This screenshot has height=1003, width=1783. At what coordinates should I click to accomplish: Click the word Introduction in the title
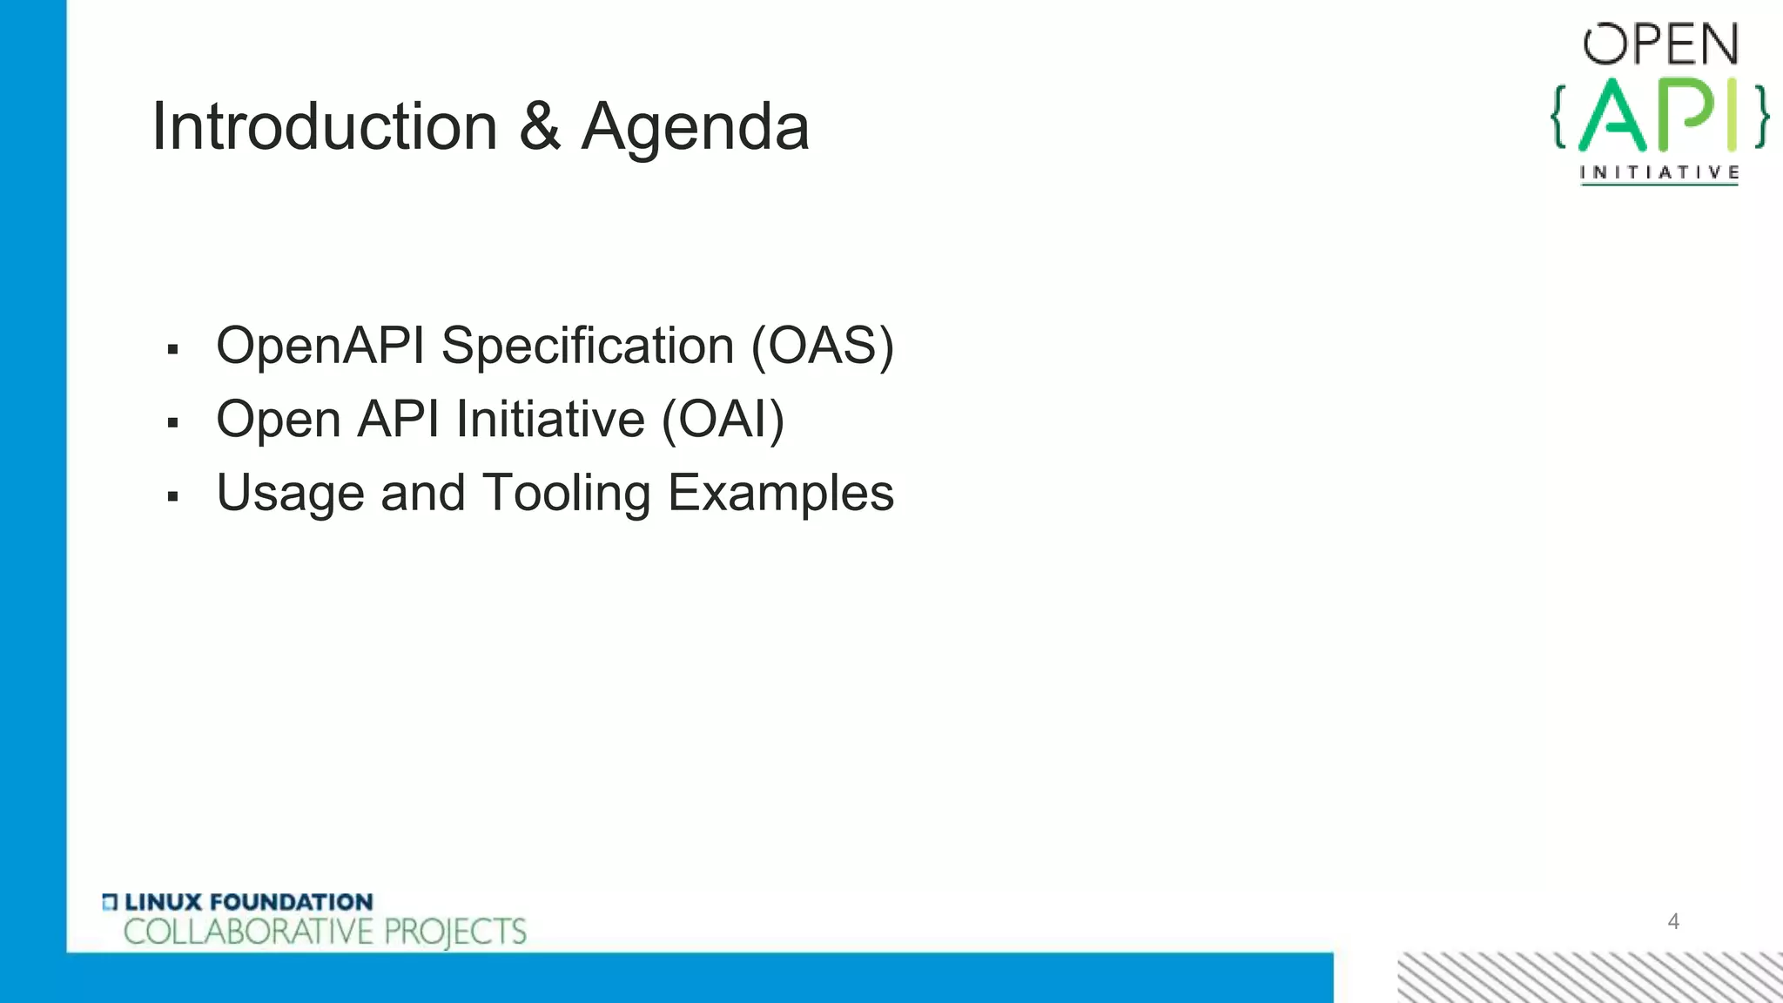[x=324, y=127]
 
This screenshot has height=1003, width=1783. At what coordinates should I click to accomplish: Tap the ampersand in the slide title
[x=540, y=127]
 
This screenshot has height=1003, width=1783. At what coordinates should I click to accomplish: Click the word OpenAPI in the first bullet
[x=320, y=347]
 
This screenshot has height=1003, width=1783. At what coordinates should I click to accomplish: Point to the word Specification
[x=588, y=347]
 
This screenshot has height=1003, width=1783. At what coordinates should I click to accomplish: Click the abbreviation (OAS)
[x=823, y=347]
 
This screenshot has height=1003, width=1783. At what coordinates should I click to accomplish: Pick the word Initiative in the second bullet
[x=550, y=420]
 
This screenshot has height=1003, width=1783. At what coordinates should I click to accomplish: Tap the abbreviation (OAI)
[x=723, y=420]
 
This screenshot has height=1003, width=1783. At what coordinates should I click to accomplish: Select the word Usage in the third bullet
[x=290, y=495]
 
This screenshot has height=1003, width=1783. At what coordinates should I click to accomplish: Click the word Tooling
[x=567, y=495]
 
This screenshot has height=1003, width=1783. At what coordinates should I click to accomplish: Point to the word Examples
[x=781, y=495]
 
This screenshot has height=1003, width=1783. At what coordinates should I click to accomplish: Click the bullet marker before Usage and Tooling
[x=172, y=497]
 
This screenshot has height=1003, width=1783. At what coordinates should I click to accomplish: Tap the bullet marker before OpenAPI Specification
[x=172, y=350]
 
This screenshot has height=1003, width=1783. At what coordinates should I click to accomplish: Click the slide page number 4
[x=1672, y=921]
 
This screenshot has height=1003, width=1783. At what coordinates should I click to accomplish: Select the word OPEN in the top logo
[x=1661, y=45]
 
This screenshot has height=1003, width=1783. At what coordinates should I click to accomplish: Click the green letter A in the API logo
[x=1612, y=116]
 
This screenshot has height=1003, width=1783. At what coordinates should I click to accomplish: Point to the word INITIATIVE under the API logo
[x=1659, y=172]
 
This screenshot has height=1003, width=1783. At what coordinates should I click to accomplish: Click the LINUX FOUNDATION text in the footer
[x=248, y=902]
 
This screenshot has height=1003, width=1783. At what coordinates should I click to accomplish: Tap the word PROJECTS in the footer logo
[x=455, y=932]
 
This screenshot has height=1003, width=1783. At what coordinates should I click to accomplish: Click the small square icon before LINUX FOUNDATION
[x=110, y=902]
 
